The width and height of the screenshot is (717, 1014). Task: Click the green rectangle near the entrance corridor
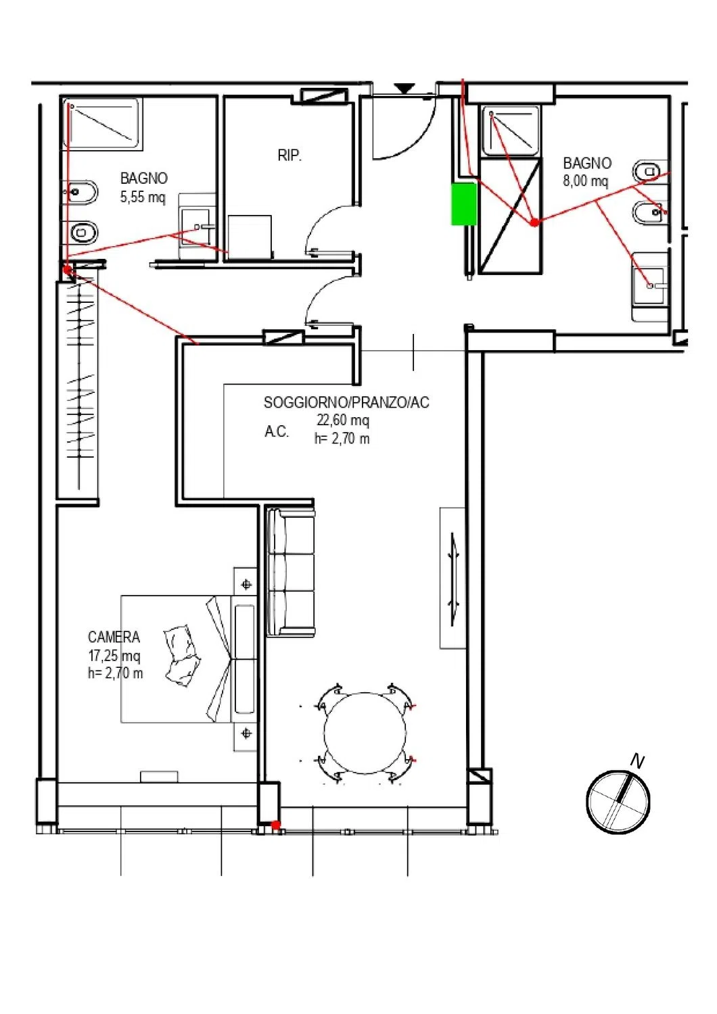pyautogui.click(x=464, y=203)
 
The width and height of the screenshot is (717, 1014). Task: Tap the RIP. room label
pyautogui.click(x=290, y=155)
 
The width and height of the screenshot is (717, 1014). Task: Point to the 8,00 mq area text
pyautogui.click(x=585, y=180)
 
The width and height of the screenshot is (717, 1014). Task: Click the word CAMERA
pyautogui.click(x=114, y=637)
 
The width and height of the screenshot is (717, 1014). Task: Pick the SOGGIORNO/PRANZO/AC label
pyautogui.click(x=346, y=402)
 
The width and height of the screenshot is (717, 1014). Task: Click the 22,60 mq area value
pyautogui.click(x=343, y=420)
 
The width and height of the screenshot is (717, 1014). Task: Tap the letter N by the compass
pyautogui.click(x=637, y=761)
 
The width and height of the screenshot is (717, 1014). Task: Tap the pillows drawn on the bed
pyautogui.click(x=181, y=656)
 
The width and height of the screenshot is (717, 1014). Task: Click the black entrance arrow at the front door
pyautogui.click(x=404, y=89)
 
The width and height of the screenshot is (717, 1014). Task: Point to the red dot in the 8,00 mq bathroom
pyautogui.click(x=534, y=222)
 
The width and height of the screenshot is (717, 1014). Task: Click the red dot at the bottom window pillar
pyautogui.click(x=275, y=825)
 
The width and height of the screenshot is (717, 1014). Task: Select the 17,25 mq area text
pyautogui.click(x=114, y=656)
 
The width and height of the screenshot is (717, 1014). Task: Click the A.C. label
pyautogui.click(x=276, y=432)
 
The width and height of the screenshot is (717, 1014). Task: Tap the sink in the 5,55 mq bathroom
pyautogui.click(x=197, y=226)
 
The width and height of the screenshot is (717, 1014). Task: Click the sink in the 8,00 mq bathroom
pyautogui.click(x=651, y=286)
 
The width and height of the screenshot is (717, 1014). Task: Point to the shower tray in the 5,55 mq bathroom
pyautogui.click(x=102, y=123)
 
